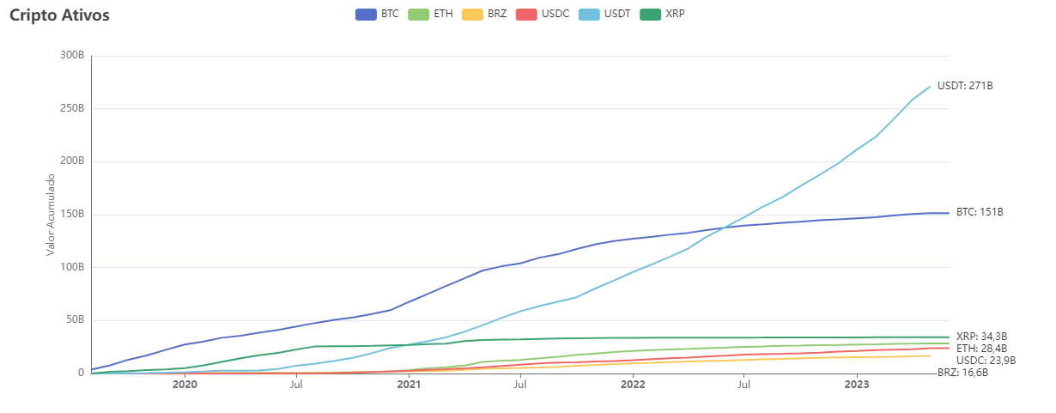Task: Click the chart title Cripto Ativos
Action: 59,15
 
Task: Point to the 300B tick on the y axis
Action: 71,56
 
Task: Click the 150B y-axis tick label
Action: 71,215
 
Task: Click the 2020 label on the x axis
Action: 185,386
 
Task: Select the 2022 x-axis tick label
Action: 633,386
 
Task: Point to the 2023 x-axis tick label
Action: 857,386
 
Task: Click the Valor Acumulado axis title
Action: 50,215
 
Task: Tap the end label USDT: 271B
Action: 964,86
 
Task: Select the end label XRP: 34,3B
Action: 981,337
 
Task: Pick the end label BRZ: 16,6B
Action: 962,373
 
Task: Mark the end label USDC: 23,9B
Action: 985,361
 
